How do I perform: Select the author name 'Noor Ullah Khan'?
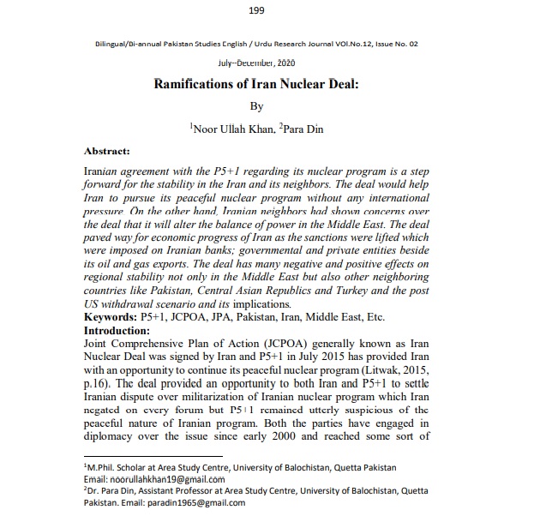pyautogui.click(x=243, y=129)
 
